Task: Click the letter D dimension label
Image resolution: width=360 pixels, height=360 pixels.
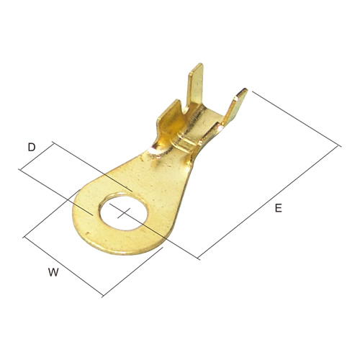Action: coord(32,147)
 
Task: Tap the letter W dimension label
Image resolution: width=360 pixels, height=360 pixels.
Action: coord(53,272)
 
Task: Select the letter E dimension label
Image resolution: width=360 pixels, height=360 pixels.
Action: coord(278,208)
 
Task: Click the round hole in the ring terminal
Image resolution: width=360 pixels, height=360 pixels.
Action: coord(124,212)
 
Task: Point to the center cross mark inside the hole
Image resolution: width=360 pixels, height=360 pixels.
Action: coord(124,213)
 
